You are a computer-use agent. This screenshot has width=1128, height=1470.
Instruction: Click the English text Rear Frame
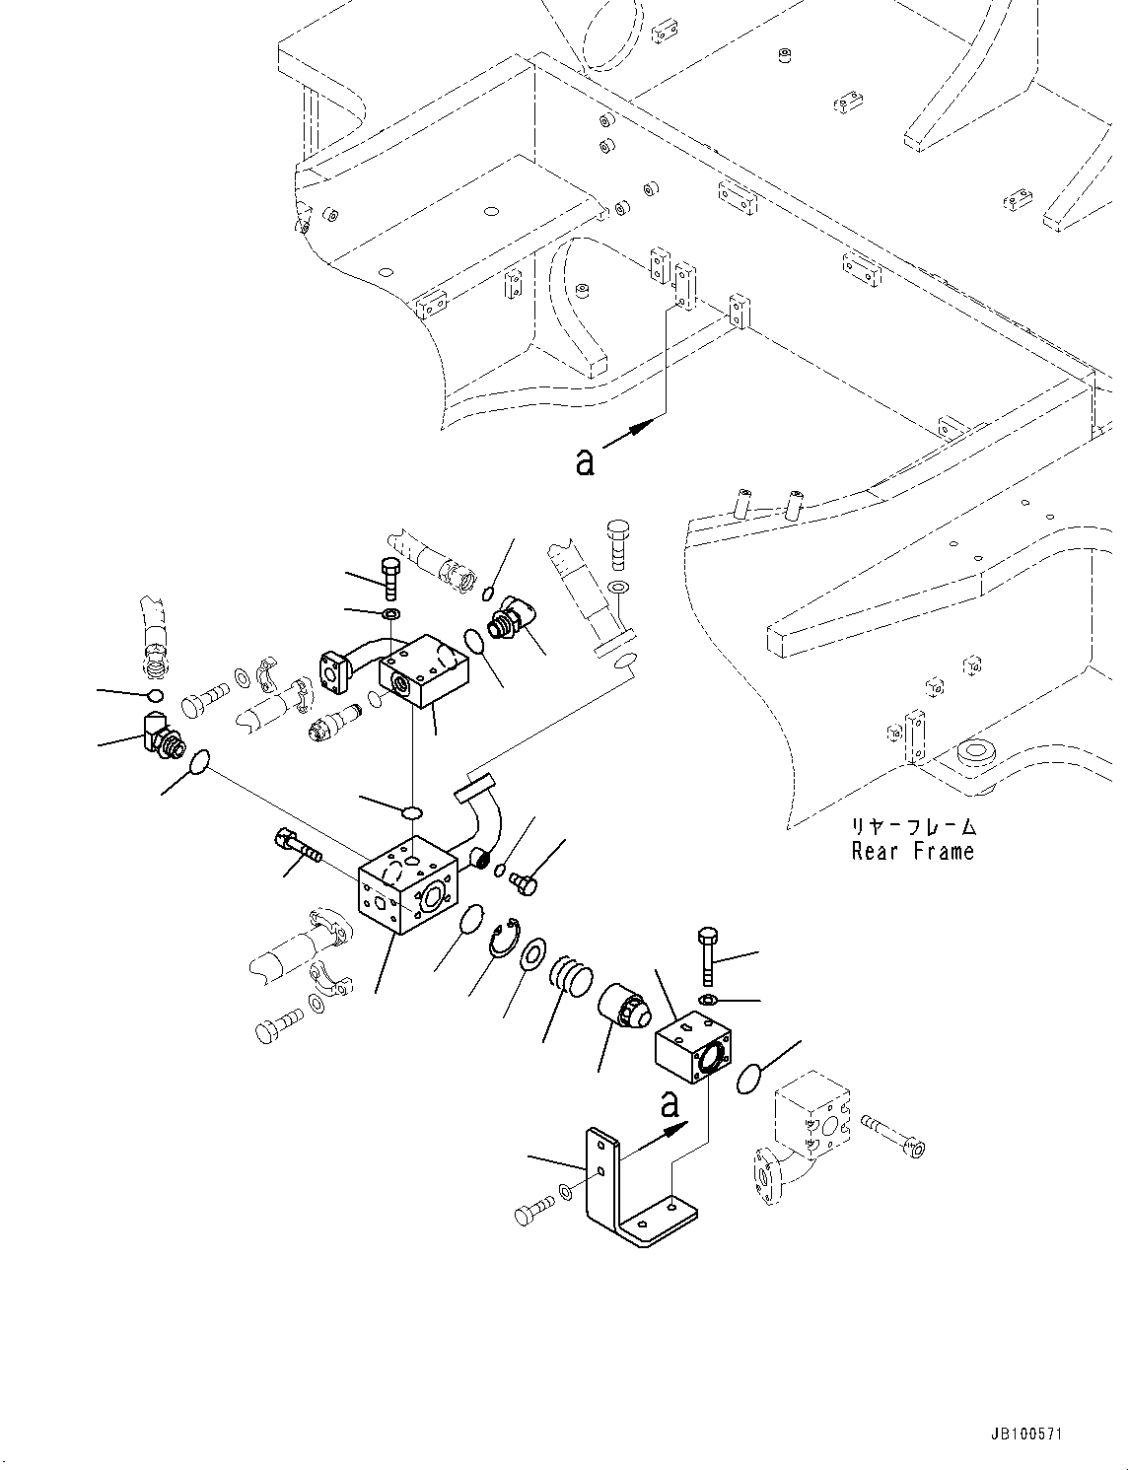point(912,851)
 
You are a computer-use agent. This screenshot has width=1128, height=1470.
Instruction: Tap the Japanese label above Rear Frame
point(913,826)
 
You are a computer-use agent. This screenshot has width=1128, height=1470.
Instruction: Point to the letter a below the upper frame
point(586,460)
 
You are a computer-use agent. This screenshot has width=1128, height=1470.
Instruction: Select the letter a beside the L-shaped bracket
point(670,1104)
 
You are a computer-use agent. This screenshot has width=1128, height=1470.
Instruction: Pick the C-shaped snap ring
point(506,937)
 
